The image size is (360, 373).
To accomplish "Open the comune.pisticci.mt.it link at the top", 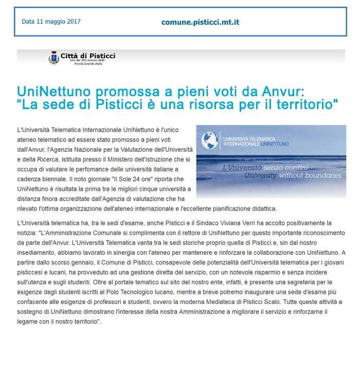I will coord(200,22).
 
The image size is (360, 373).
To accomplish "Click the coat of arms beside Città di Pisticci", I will coord(53,58).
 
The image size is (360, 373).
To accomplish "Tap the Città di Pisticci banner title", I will coord(87,56).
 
